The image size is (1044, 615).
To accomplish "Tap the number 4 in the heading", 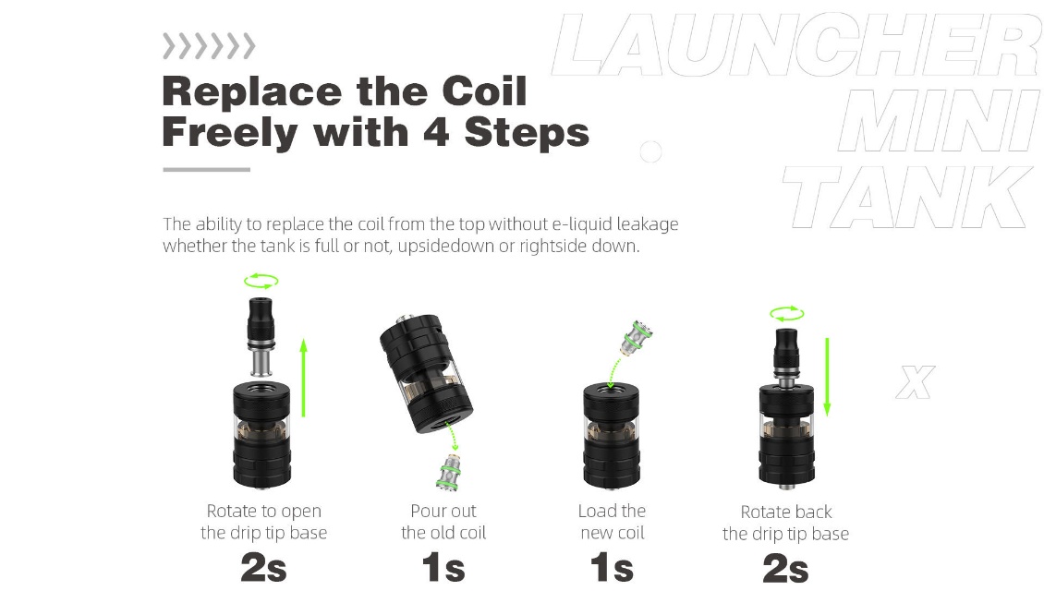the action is click(x=436, y=132).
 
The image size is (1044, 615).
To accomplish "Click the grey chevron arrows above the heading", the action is click(x=209, y=46).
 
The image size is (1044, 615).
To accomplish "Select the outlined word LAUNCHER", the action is click(x=795, y=44).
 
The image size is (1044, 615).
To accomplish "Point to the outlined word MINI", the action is click(x=939, y=121).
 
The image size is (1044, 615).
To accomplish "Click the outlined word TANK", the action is click(x=907, y=197).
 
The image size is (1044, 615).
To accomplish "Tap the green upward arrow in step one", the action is click(x=304, y=378).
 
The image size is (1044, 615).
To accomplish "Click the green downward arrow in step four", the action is click(x=827, y=377).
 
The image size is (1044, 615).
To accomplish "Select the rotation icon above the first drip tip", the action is click(x=261, y=281).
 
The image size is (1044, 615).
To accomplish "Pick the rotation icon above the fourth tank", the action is click(x=787, y=313).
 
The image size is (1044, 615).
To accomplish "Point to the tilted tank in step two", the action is click(x=426, y=373).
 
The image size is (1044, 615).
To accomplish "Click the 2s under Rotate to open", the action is click(x=263, y=569).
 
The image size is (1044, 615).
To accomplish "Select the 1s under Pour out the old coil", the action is click(x=443, y=569).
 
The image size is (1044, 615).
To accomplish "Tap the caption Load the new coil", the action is click(x=612, y=522).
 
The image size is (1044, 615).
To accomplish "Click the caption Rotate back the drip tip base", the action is click(x=785, y=523).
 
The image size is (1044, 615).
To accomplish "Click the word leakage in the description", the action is click(x=647, y=224).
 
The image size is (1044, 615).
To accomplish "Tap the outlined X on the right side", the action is click(x=916, y=382).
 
